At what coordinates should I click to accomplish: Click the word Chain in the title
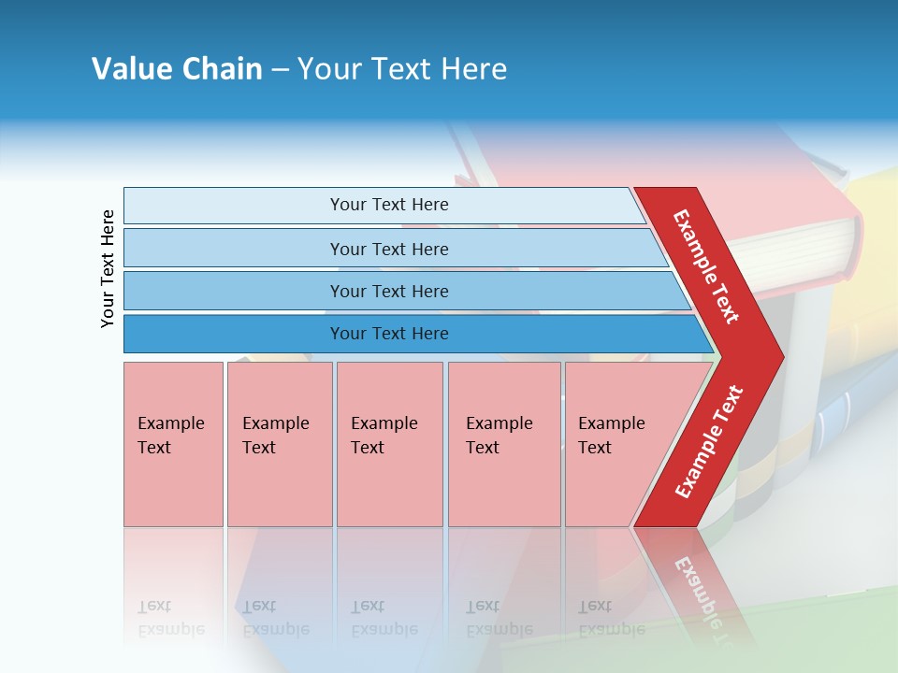[x=222, y=69]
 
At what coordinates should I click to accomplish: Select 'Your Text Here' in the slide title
[x=402, y=69]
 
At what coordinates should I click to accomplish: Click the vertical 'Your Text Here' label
[x=108, y=268]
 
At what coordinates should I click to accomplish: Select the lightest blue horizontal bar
[x=388, y=205]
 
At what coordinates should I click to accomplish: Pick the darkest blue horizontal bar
[x=388, y=334]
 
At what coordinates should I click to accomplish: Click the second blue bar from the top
[x=388, y=249]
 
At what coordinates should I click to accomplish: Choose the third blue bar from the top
[x=388, y=291]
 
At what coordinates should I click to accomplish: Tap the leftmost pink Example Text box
[x=173, y=444]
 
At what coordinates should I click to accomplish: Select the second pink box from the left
[x=279, y=444]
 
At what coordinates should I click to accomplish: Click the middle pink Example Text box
[x=389, y=444]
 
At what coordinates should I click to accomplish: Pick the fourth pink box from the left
[x=503, y=444]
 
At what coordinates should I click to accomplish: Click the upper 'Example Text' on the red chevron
[x=706, y=266]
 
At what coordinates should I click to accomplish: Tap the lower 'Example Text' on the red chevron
[x=708, y=441]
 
